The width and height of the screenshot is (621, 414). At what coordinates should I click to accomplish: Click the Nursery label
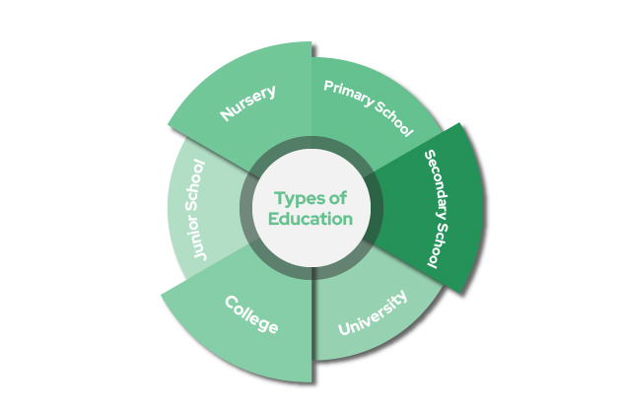[x=248, y=103]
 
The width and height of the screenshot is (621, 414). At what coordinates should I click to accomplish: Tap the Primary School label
[x=369, y=106]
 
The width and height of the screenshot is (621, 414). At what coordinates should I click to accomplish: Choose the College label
[x=251, y=313]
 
